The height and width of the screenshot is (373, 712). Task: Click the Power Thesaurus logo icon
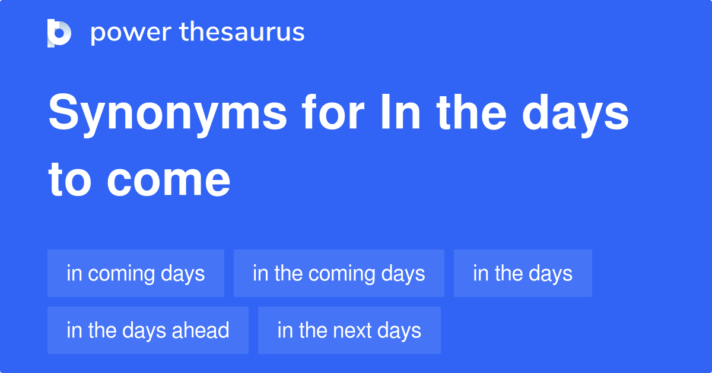click(x=59, y=33)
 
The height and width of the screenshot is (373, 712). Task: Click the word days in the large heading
click(x=580, y=114)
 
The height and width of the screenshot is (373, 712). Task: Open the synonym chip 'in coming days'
click(x=136, y=273)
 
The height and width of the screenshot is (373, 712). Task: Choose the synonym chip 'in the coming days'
click(x=339, y=273)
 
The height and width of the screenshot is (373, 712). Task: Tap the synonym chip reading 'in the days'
click(x=523, y=273)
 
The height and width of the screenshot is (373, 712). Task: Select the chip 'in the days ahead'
click(x=148, y=330)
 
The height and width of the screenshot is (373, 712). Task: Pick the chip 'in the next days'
click(x=349, y=330)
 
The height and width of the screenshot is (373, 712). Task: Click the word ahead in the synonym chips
click(x=200, y=330)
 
